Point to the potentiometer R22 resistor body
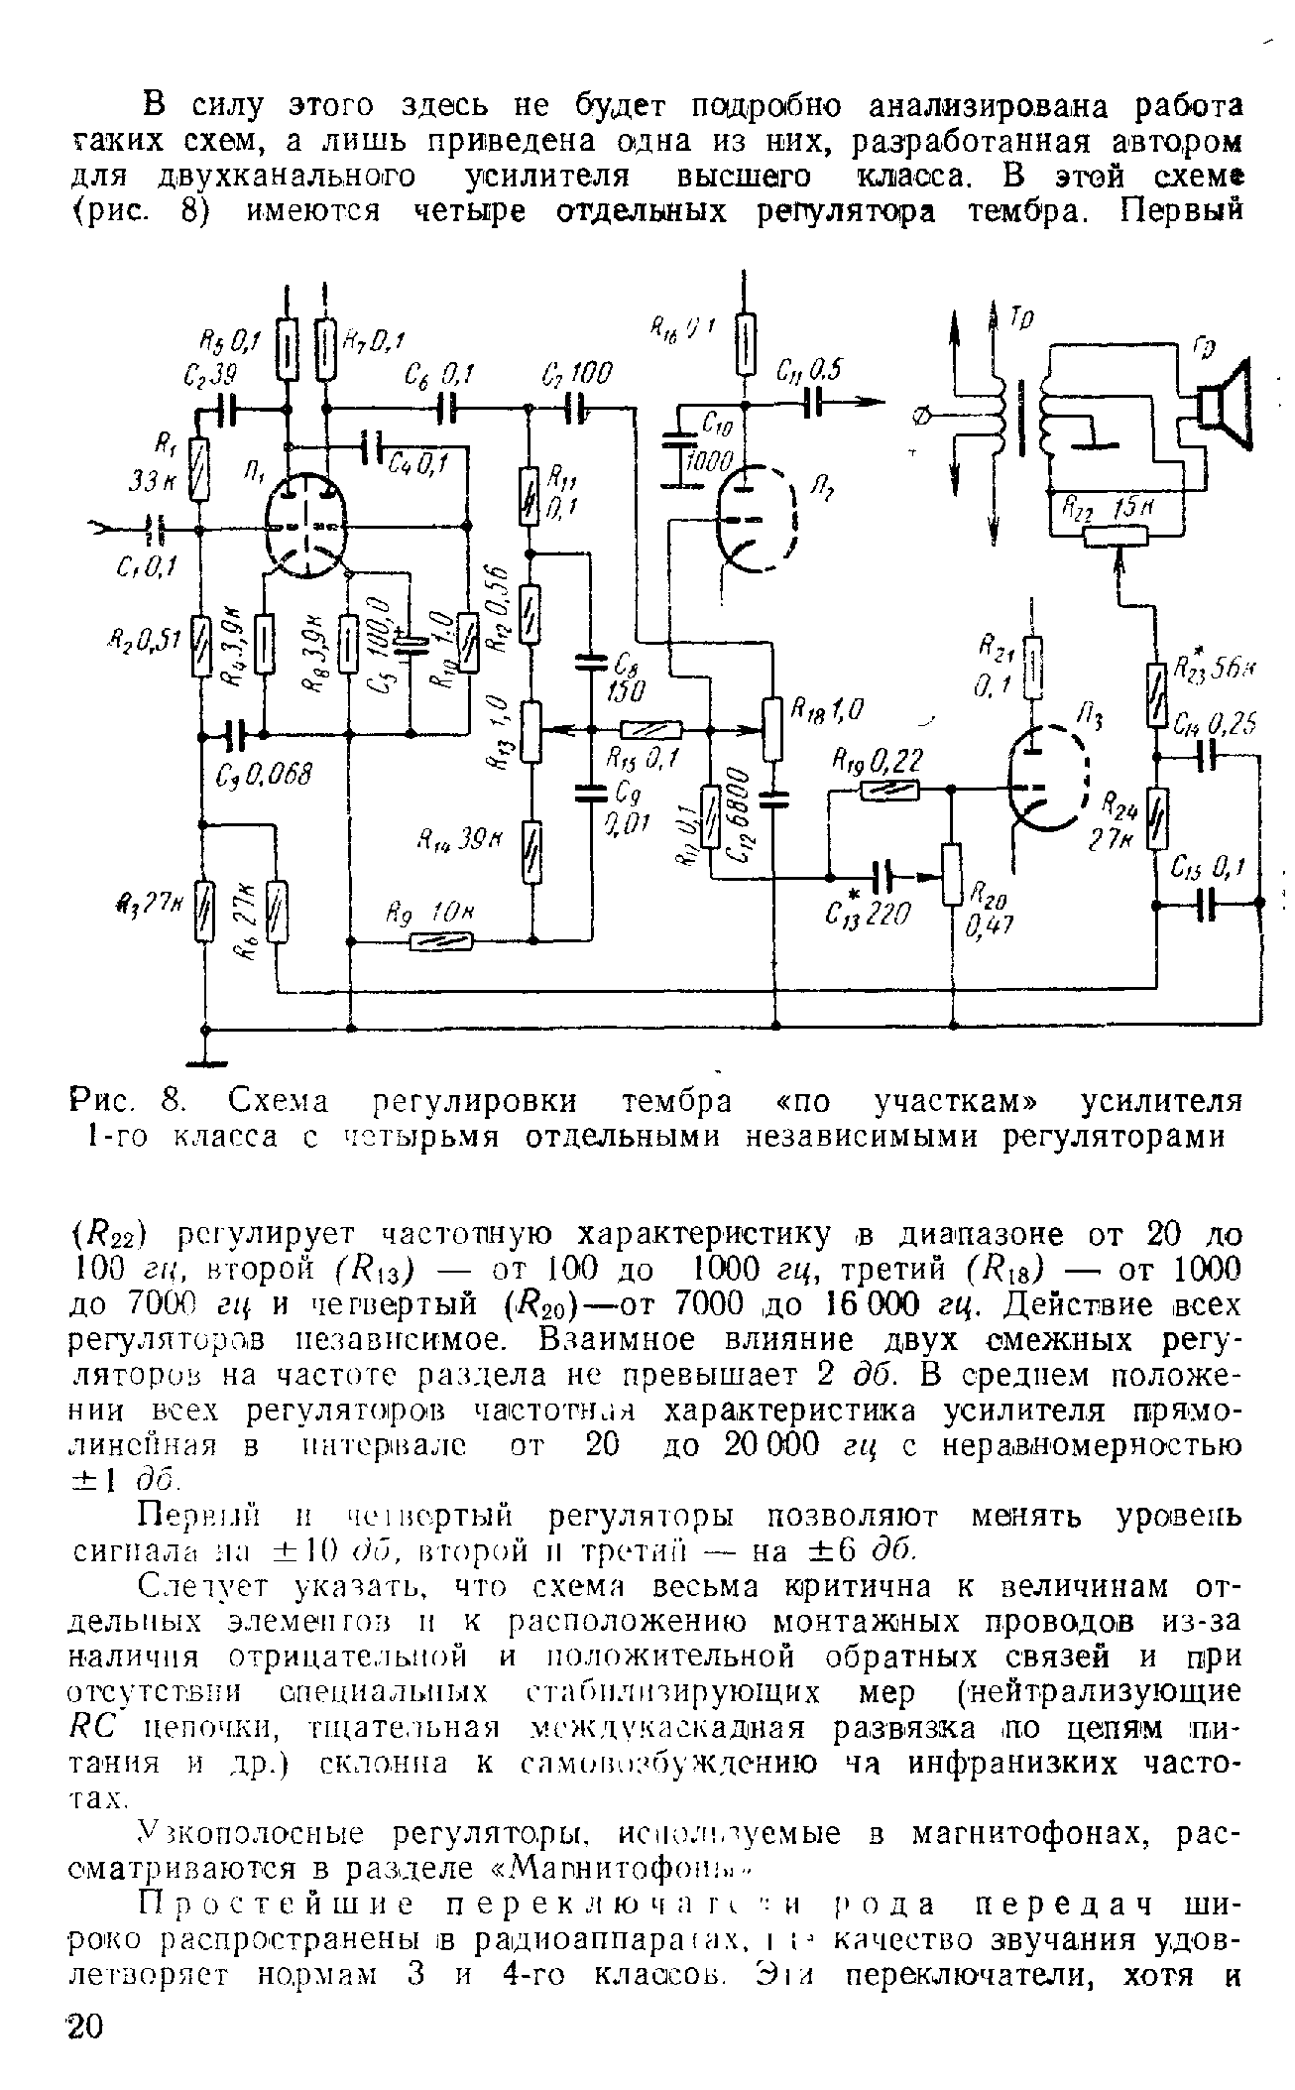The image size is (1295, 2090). tap(1117, 537)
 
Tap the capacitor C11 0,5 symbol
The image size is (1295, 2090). tap(813, 402)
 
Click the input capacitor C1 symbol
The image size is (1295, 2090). tap(151, 529)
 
